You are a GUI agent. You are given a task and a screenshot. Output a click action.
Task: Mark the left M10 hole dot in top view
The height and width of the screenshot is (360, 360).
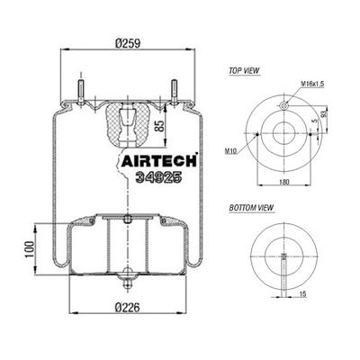point(258,136)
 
